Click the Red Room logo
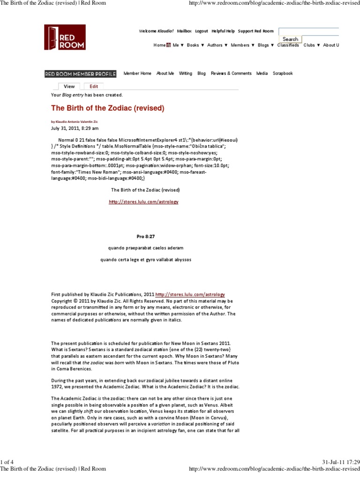pyautogui.click(x=65, y=37)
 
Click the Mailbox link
pyautogui.click(x=184, y=31)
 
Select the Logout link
pyautogui.click(x=202, y=31)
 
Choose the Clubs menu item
pyautogui.click(x=311, y=45)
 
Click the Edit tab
pyautogui.click(x=94, y=86)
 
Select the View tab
pyautogui.click(x=69, y=86)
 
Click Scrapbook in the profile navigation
pyautogui.click(x=283, y=74)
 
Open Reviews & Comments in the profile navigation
pyautogui.click(x=231, y=74)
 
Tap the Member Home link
pyautogui.click(x=137, y=74)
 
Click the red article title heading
pyautogui.click(x=107, y=108)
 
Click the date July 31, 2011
pyautogui.click(x=75, y=128)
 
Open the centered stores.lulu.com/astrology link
pyautogui.click(x=143, y=202)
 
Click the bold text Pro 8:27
pyautogui.click(x=145, y=236)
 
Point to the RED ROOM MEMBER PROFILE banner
pyautogui.click(x=80, y=74)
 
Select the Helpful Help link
pyautogui.click(x=223, y=31)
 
